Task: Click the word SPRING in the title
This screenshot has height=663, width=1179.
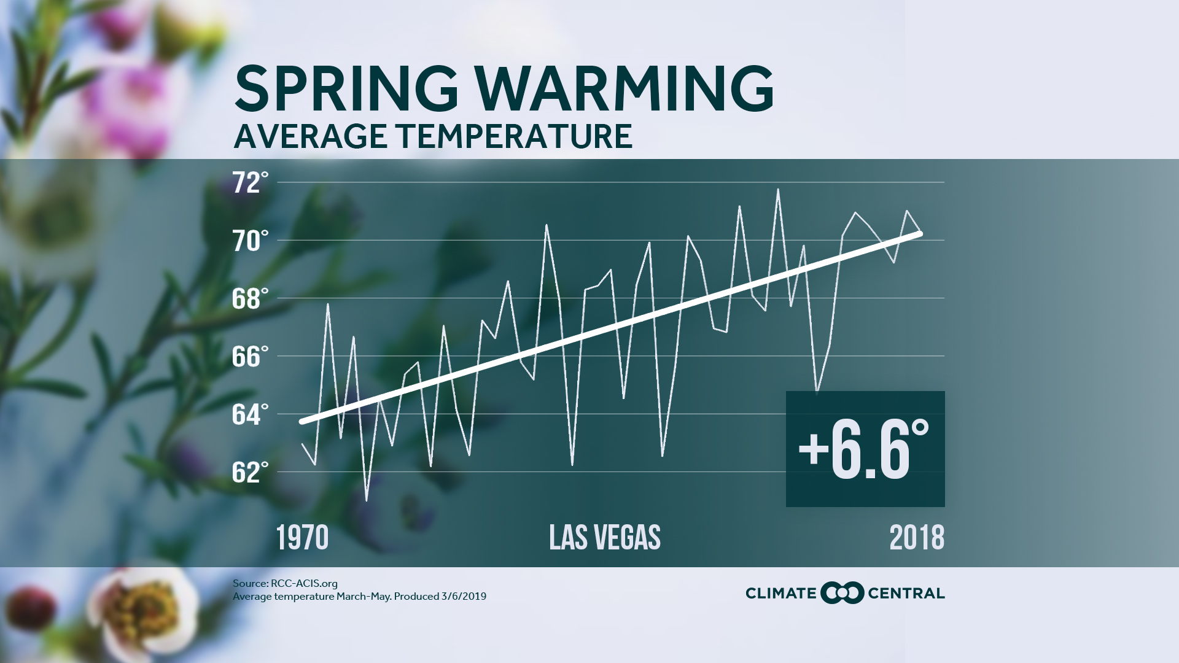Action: point(346,89)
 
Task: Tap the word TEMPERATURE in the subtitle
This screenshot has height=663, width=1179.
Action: point(516,136)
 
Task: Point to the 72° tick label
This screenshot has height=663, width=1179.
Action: point(251,184)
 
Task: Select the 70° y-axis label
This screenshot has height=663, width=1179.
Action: point(251,242)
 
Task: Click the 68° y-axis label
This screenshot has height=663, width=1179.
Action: point(251,300)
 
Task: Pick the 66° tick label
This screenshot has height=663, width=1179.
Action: point(251,357)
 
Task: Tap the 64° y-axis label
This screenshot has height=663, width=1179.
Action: point(251,415)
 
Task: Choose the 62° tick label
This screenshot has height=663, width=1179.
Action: point(251,473)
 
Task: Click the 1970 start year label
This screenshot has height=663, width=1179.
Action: point(302,538)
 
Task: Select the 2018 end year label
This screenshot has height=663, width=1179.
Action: point(917,538)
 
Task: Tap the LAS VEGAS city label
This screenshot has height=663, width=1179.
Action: point(605,538)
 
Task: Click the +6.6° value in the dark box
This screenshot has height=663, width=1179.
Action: point(863,450)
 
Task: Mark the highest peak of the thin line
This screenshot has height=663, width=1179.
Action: point(778,190)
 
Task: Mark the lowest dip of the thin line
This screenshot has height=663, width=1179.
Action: point(367,500)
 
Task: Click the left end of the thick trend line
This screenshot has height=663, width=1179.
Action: point(302,422)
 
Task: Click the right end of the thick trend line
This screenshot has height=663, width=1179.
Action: point(920,234)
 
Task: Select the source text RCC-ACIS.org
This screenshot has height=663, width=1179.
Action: point(304,584)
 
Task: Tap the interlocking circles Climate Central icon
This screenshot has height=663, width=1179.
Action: point(842,593)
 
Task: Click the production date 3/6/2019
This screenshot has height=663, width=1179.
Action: point(463,597)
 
